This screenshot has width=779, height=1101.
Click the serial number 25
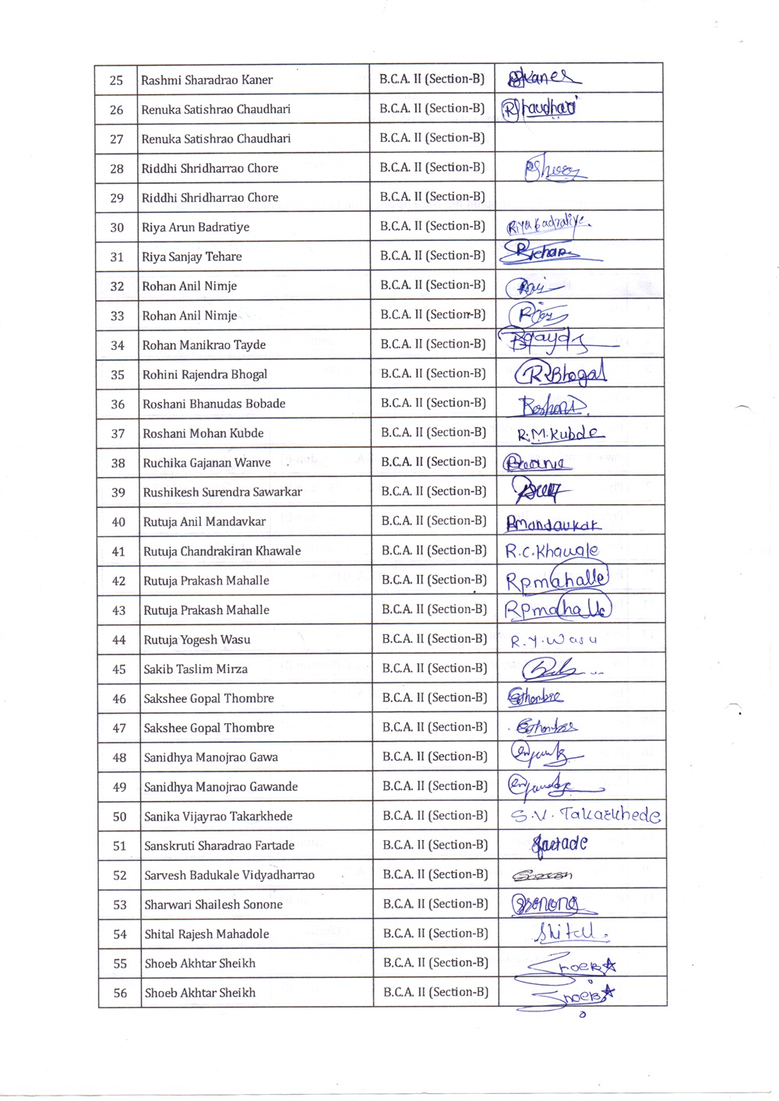[116, 80]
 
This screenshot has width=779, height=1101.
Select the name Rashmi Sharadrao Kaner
[206, 79]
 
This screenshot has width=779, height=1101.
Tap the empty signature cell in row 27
[580, 138]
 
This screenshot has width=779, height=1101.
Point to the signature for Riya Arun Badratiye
[548, 226]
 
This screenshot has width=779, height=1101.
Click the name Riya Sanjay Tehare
[192, 256]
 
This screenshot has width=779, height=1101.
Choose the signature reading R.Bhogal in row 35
[561, 375]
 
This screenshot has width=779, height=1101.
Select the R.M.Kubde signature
[560, 434]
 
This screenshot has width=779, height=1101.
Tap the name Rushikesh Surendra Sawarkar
[222, 492]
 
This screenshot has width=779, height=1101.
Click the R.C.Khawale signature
[552, 552]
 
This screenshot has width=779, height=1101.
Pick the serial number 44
[118, 640]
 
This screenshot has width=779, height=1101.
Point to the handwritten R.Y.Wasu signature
[553, 640]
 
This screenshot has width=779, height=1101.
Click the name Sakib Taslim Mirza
[196, 669]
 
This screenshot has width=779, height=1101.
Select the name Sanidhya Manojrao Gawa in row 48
[210, 757]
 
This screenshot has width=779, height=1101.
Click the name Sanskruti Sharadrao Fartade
[219, 845]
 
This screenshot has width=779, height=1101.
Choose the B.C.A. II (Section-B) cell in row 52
[435, 874]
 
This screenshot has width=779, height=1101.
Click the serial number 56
[120, 993]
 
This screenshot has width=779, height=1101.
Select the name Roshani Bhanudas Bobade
[213, 404]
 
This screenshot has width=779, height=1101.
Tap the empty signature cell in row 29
[580, 197]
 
